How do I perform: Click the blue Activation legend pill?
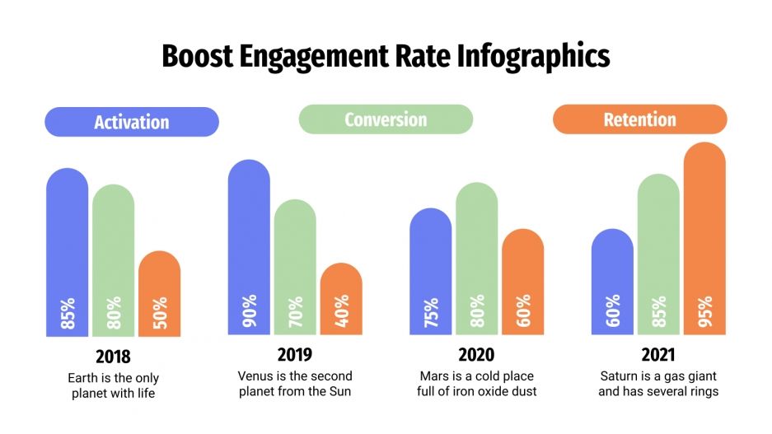132,122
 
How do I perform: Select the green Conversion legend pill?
386,119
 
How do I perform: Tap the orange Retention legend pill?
639,119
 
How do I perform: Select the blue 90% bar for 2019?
249,247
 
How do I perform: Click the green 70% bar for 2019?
295,267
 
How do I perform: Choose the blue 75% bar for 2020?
431,271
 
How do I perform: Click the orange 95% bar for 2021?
704,238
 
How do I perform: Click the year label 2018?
113,357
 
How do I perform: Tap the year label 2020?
476,355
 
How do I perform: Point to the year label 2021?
658,355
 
